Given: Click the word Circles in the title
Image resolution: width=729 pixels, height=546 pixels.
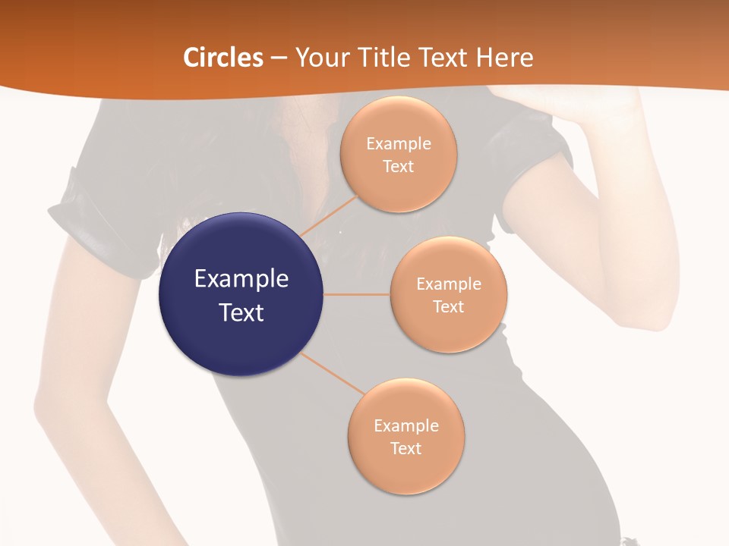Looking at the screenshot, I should point(223,58).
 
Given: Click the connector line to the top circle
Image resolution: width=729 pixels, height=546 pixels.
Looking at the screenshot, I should point(330,213).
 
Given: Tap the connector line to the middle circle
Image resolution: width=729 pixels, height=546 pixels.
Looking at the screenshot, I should point(357,294).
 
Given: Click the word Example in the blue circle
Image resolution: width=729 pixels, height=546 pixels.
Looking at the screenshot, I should point(241,279).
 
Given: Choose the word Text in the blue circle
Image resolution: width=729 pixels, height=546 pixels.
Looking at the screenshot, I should point(241,312).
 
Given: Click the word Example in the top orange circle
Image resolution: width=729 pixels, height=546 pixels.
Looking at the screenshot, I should point(398,144).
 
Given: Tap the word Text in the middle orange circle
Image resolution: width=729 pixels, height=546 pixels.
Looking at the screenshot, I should point(448,306).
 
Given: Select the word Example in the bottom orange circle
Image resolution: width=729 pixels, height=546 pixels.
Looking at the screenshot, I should point(406,426).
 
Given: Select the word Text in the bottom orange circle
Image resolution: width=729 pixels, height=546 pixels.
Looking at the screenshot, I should point(406,448).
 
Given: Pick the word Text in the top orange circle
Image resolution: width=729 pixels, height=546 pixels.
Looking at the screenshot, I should point(398,166).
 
